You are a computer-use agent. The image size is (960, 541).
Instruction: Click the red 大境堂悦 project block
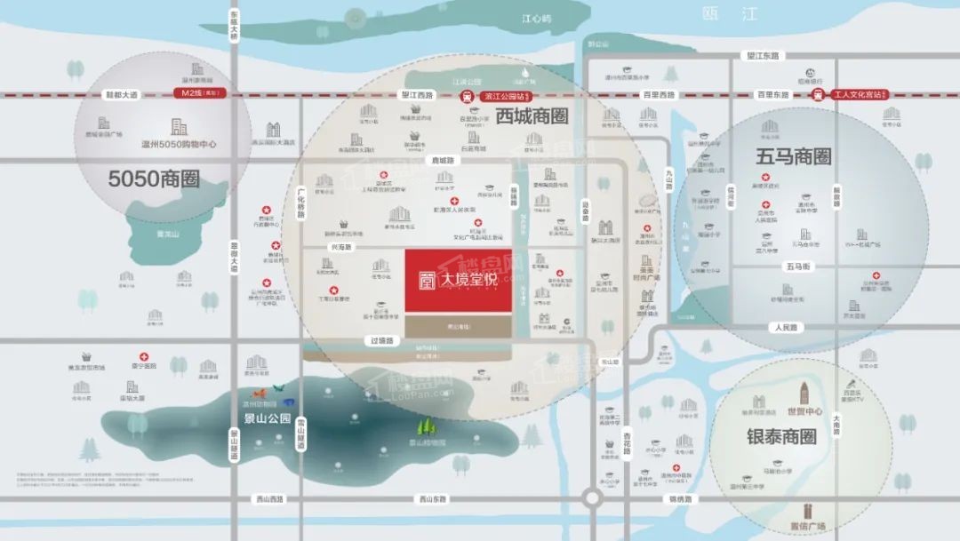[x=458, y=281]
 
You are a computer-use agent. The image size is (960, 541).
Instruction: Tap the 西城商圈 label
[x=532, y=115]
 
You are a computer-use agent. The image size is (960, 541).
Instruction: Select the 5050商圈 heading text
[x=154, y=179]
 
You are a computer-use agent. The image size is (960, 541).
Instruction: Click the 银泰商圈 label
[x=781, y=437]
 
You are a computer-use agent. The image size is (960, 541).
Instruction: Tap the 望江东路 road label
[x=762, y=55]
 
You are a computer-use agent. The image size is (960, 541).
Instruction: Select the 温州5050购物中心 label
[x=179, y=144]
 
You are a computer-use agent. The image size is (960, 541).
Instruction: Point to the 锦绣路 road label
[x=680, y=499]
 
